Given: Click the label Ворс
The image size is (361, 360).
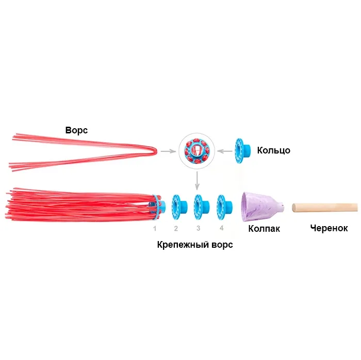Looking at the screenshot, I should tap(76, 130).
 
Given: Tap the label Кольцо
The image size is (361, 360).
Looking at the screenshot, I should tap(273, 150).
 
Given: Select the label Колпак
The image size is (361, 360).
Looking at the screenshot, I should tap(264, 228).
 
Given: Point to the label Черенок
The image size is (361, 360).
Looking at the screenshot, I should tap(329, 228).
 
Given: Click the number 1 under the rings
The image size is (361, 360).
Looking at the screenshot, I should tap(154, 228).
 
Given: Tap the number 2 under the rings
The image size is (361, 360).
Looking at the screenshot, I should tap(176, 228).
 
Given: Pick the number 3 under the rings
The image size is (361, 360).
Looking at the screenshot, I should tap(199, 228).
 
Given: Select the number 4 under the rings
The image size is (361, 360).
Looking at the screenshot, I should tap(221, 228).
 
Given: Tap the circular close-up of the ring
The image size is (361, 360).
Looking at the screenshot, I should tap(196, 150).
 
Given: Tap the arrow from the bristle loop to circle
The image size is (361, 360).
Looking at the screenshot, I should tap(167, 151).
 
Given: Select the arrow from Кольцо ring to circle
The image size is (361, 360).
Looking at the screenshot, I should tap(224, 150).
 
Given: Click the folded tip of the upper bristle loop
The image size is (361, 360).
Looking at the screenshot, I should tap(154, 150).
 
